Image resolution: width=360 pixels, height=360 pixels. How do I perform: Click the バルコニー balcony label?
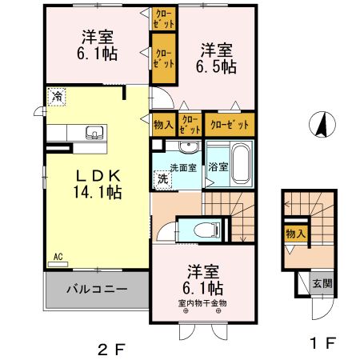95,288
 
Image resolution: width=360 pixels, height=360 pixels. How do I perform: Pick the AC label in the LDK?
58,257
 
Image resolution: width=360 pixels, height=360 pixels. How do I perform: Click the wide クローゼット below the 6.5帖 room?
227,124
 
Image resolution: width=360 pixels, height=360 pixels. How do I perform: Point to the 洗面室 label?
183,168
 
